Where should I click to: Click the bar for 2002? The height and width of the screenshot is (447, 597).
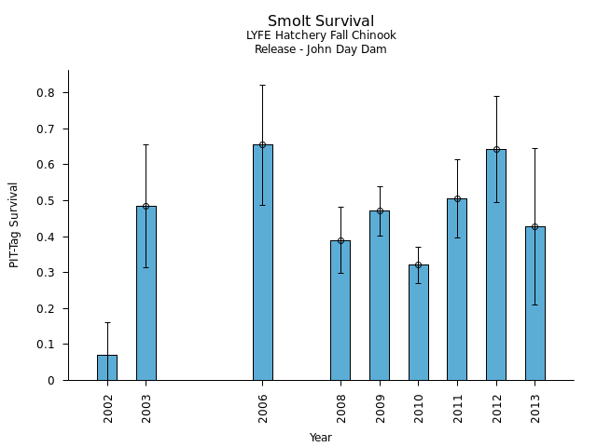107,367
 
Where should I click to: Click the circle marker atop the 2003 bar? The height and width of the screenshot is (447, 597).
146,206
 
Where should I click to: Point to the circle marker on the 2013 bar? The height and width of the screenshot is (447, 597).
535,226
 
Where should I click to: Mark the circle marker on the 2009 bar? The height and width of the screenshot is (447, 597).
380,210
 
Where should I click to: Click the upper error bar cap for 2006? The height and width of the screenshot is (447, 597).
262,85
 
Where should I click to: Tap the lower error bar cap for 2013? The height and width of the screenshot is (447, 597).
535,305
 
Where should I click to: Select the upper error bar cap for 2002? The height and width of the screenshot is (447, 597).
107,322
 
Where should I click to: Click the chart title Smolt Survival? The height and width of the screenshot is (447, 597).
321,21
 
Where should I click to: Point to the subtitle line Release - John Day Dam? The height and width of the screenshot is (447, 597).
321,49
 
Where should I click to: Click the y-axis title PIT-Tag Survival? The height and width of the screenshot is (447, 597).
14,224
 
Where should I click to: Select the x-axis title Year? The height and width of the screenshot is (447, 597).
321,438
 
